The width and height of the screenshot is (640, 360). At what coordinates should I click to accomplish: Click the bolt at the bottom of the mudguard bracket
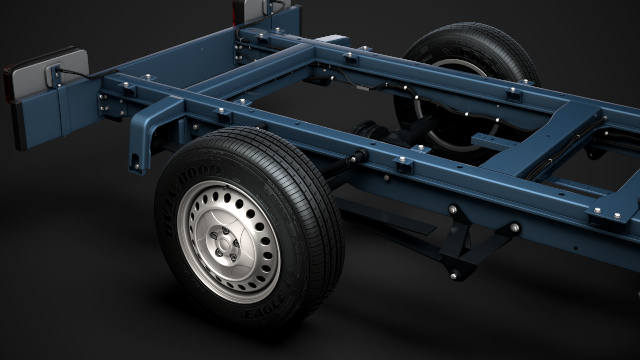[x=137, y=164]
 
